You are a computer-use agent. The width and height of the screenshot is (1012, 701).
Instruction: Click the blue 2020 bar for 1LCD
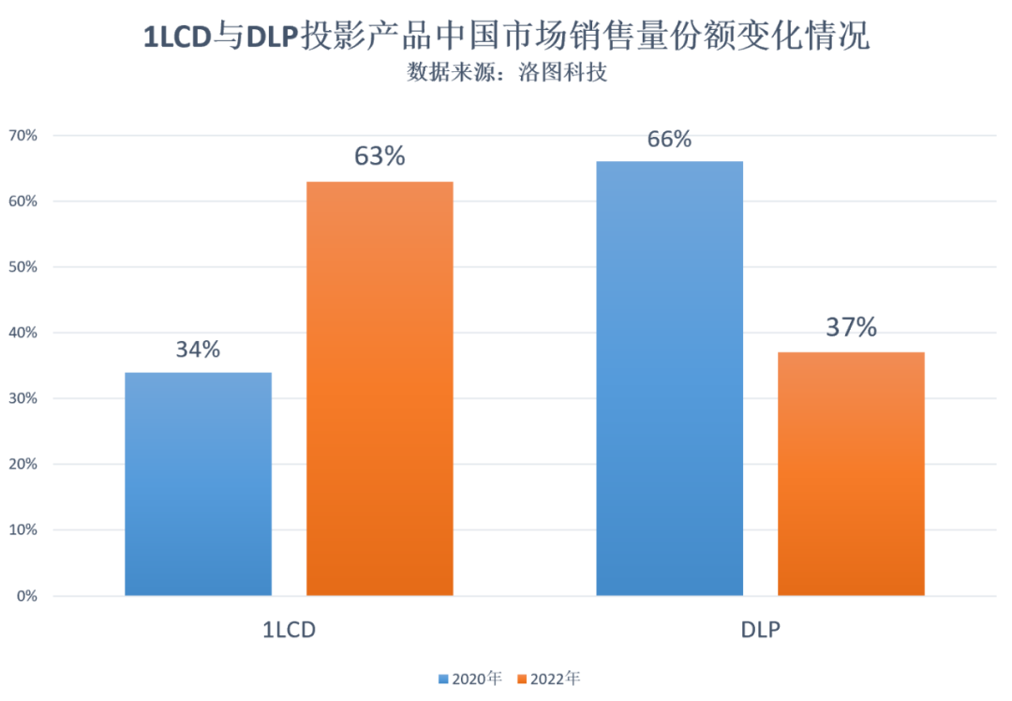point(198,484)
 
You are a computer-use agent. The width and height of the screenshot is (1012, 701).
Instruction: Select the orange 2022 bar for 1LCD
point(379,388)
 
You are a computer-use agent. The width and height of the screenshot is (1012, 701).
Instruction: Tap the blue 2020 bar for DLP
point(669,379)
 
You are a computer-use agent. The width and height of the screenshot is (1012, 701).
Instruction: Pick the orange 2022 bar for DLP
point(851,474)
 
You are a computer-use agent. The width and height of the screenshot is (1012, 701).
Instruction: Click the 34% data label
point(198,350)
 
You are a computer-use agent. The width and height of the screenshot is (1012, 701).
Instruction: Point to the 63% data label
point(379,157)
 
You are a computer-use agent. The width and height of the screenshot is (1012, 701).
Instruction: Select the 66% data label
point(669,140)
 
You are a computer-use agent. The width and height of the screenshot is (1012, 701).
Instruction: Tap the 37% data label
point(851,328)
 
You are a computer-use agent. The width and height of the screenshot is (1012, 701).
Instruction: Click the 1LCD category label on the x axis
point(289,630)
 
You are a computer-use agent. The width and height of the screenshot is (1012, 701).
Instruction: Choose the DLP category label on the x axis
point(760,630)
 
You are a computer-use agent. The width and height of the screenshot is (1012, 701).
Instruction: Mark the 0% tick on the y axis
point(25,596)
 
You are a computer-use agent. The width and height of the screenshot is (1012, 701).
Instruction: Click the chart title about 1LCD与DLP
point(506,37)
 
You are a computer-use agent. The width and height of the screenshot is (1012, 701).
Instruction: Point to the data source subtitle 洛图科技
point(507,72)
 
